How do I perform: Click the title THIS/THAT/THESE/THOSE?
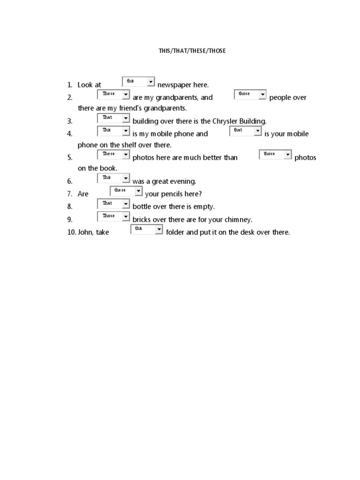pos(192,51)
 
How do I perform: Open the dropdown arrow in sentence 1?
pos(150,82)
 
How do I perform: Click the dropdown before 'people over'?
pos(250,95)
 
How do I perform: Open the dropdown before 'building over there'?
pos(113,118)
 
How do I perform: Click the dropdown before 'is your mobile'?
pos(245,131)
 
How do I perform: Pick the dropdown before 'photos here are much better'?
pos(113,154)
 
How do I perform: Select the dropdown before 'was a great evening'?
pos(113,178)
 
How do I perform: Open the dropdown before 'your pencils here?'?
pos(126,191)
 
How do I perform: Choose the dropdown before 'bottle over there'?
pos(113,204)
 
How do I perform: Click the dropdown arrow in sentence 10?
pos(159,229)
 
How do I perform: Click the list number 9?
pos(69,219)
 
